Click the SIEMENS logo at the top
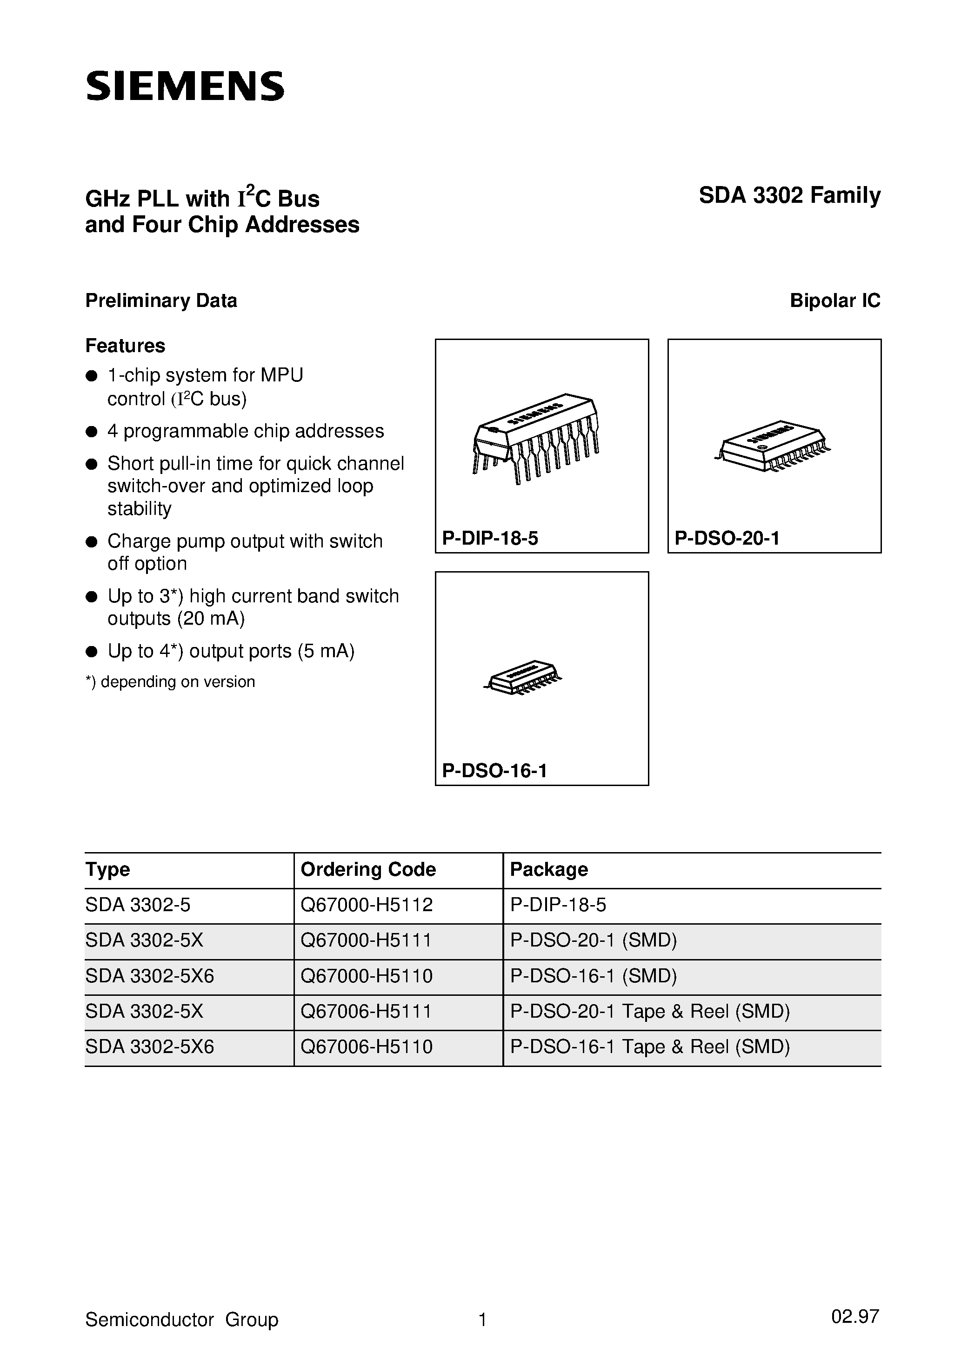point(185,87)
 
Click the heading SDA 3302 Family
point(789,195)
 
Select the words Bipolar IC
point(835,300)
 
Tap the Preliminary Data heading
point(161,300)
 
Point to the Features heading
point(125,345)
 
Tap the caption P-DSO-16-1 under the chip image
point(495,770)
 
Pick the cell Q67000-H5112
point(367,905)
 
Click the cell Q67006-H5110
point(367,1047)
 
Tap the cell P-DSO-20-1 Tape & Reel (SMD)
point(650,1011)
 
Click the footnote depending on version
point(171,681)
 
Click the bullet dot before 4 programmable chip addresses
point(91,432)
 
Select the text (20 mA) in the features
point(210,619)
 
